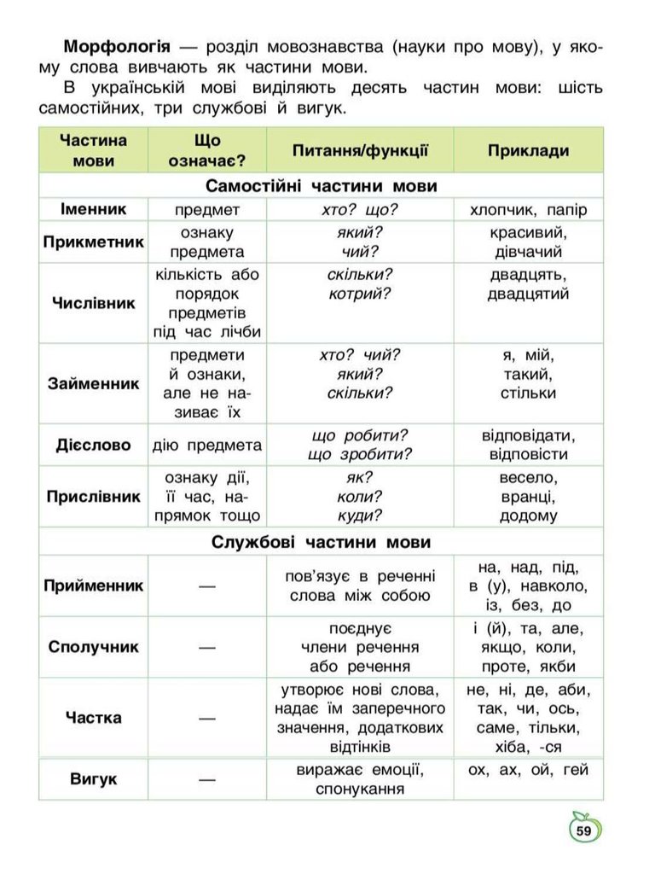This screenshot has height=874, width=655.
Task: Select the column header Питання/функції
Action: pyautogui.click(x=360, y=151)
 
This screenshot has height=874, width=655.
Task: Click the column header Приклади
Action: pyautogui.click(x=528, y=151)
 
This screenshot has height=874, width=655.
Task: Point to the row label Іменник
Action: pyautogui.click(x=94, y=209)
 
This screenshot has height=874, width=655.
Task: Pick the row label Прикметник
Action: pyautogui.click(x=94, y=242)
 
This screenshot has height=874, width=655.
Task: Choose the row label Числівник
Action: pyautogui.click(x=94, y=303)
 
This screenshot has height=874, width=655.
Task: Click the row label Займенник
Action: pyautogui.click(x=94, y=383)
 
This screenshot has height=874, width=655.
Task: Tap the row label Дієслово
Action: pyautogui.click(x=94, y=445)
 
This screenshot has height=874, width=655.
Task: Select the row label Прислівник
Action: pyautogui.click(x=94, y=496)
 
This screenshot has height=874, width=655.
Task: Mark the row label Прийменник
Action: pyautogui.click(x=94, y=586)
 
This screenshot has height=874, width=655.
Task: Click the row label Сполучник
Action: pyautogui.click(x=94, y=646)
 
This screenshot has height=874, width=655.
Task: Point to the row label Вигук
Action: pyautogui.click(x=94, y=779)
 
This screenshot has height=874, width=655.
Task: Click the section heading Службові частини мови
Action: pyautogui.click(x=322, y=542)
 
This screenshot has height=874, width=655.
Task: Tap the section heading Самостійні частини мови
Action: pyautogui.click(x=322, y=186)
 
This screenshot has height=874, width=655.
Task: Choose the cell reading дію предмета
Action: pyautogui.click(x=207, y=445)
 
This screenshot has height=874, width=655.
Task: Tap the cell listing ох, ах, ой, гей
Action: pyautogui.click(x=528, y=771)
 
